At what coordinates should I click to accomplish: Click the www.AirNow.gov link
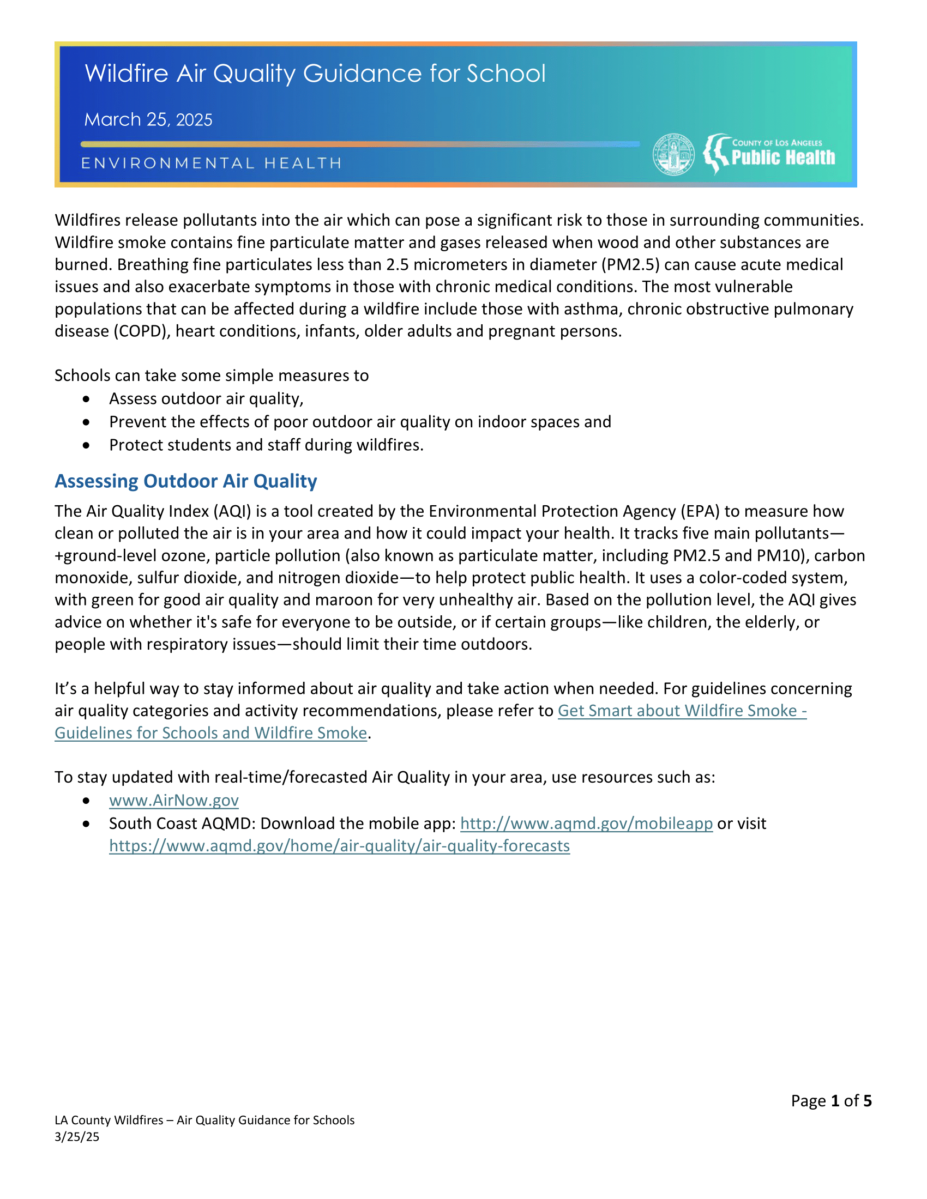[173, 801]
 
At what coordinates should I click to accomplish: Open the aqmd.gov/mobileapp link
[586, 823]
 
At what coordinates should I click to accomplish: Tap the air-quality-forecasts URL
[339, 846]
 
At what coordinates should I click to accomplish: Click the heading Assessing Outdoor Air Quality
[185, 481]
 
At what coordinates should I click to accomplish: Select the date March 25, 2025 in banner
[148, 120]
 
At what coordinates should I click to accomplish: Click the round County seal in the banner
[673, 155]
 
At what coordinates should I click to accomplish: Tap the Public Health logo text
[782, 158]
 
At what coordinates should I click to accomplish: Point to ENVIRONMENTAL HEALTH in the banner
[212, 163]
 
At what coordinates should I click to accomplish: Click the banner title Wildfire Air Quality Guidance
[315, 74]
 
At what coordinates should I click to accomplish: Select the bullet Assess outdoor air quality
[206, 398]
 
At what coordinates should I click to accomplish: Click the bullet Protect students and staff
[266, 445]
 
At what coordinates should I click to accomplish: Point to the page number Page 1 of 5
[831, 1101]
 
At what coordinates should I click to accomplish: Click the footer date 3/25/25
[77, 1136]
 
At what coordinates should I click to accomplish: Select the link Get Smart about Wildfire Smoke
[682, 711]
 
